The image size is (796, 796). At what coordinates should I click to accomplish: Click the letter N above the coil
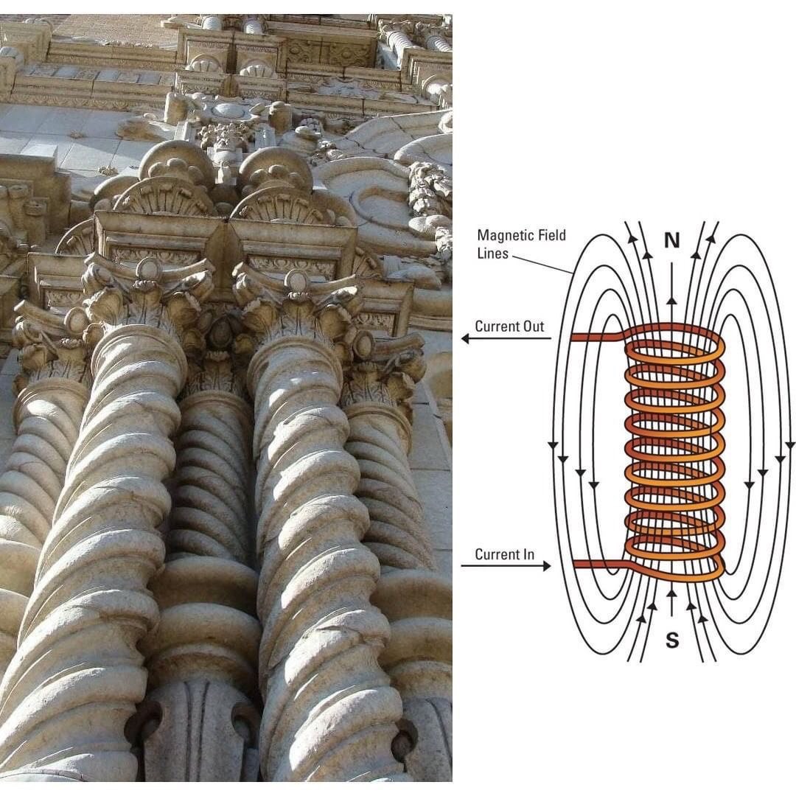[x=671, y=241]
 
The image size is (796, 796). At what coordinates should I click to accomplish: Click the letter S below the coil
[x=671, y=640]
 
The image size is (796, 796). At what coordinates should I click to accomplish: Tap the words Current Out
[x=509, y=326]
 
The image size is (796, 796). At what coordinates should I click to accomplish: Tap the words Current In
[x=505, y=554]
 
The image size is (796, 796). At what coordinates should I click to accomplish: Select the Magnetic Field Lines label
[x=522, y=242]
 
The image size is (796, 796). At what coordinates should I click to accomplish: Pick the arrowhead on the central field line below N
[x=671, y=301]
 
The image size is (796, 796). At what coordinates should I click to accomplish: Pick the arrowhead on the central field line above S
[x=671, y=591]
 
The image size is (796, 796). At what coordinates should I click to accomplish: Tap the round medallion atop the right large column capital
[x=297, y=279]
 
